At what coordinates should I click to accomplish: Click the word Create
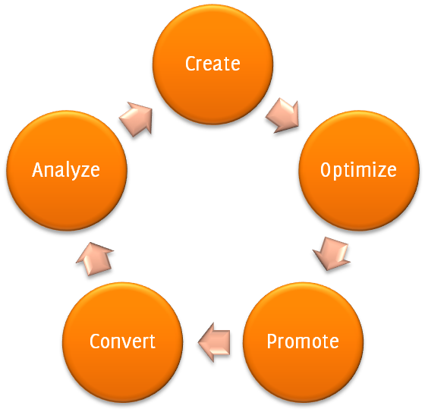[212, 64]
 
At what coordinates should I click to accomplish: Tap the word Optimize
[358, 170]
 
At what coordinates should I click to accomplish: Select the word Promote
[303, 341]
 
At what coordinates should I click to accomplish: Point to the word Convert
[122, 341]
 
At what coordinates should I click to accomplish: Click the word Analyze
[66, 170]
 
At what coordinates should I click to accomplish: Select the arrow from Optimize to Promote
[332, 253]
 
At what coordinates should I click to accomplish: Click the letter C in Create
[190, 64]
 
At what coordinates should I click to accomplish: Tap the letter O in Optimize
[326, 170]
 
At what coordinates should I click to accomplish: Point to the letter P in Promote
[272, 341]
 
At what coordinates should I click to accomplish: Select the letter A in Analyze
[38, 170]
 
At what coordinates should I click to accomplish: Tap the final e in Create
[235, 64]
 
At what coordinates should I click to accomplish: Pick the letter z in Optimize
[381, 171]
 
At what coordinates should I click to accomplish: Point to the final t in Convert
[152, 341]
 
